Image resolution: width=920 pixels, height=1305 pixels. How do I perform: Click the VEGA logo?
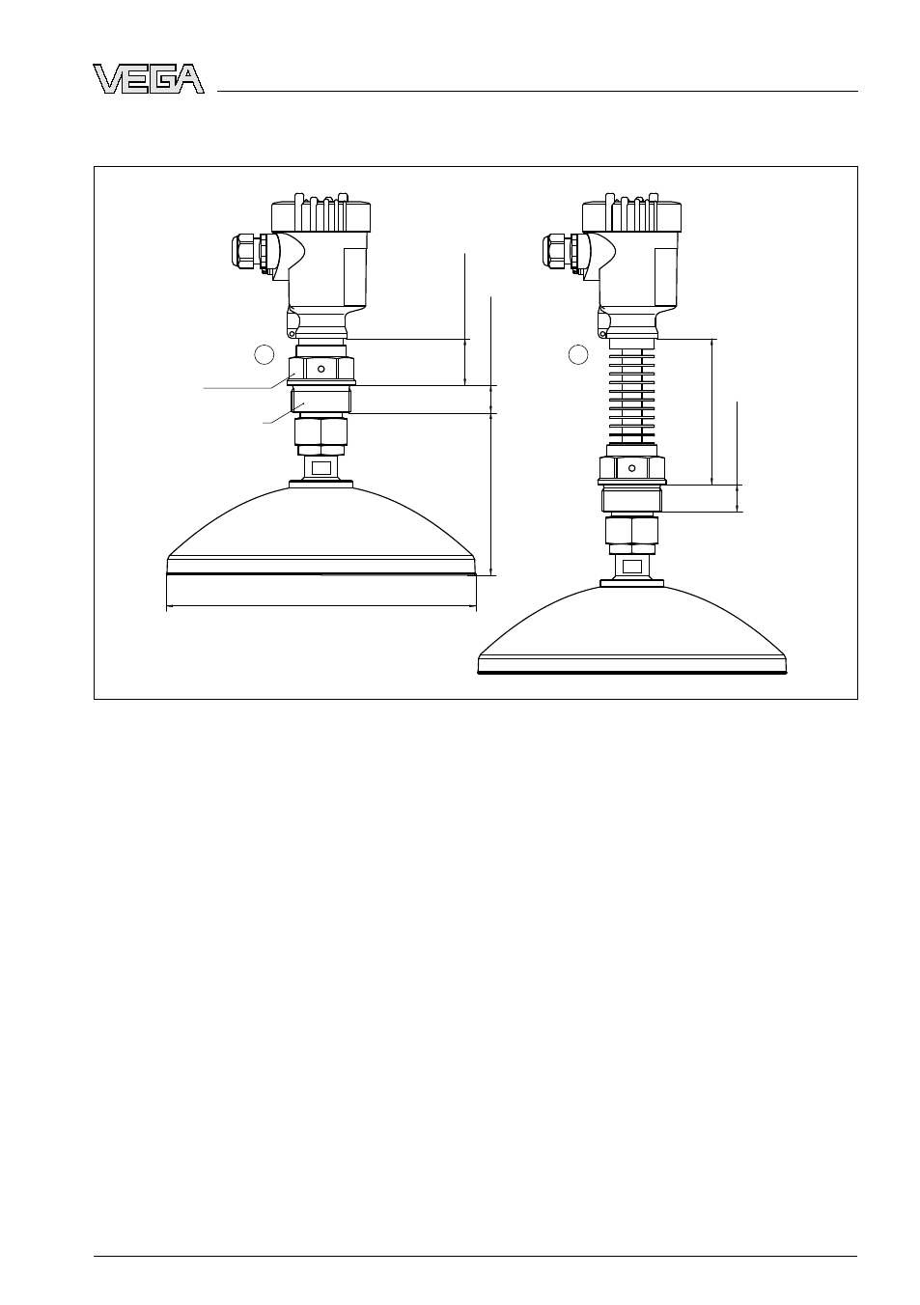pyautogui.click(x=149, y=79)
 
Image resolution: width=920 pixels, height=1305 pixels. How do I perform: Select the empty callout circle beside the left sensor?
pyautogui.click(x=265, y=354)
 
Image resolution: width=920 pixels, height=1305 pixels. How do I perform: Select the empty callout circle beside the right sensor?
pyautogui.click(x=578, y=354)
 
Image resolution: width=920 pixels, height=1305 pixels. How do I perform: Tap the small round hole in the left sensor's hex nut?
pyautogui.click(x=321, y=369)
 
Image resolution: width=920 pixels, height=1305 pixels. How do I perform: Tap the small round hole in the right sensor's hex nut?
pyautogui.click(x=632, y=468)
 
